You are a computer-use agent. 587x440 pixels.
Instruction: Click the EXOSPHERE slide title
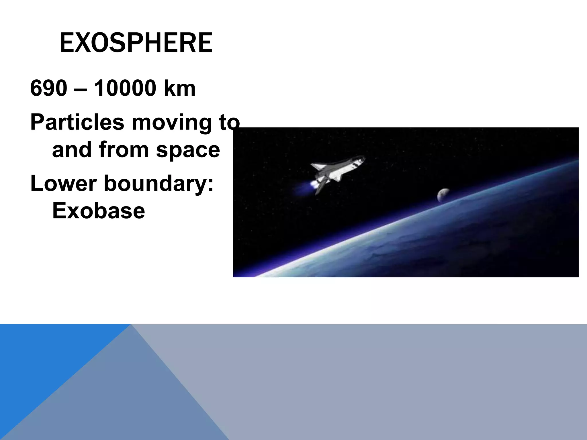[x=136, y=43]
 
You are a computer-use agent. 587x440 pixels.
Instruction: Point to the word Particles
[x=77, y=122]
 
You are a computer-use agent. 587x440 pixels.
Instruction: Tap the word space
[x=188, y=150]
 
